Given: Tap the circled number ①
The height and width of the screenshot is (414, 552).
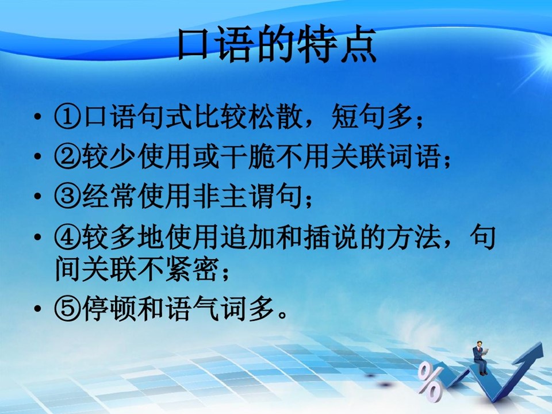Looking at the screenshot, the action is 68,116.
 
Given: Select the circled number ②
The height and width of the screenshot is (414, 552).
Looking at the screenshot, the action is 68,156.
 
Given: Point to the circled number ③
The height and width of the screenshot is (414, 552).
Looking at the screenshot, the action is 68,195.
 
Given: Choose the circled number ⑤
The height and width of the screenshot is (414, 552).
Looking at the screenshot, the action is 68,309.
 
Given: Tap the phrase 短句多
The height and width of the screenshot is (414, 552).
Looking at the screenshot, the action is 372,116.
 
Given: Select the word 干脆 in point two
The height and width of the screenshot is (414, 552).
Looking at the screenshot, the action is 248,156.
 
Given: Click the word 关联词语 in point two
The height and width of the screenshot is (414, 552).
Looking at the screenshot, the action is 386,156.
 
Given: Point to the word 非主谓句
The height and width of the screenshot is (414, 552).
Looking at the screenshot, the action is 248,195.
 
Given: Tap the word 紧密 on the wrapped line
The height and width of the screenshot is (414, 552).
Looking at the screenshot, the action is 193,269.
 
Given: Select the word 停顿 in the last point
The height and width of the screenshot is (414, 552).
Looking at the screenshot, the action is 109,309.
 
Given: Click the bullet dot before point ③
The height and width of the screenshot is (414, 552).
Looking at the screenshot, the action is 38,195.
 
